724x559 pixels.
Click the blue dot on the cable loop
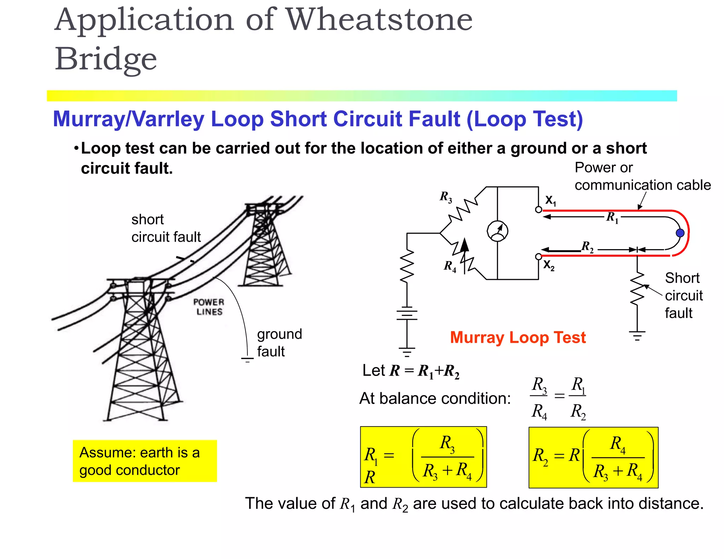point(680,233)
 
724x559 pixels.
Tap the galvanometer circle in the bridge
point(497,231)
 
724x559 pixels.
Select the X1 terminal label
point(550,200)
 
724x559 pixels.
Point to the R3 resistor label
point(446,197)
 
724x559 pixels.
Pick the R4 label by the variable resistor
point(450,266)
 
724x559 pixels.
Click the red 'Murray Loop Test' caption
point(518,337)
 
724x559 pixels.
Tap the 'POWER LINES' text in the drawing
point(209,307)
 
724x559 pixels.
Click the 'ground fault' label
point(279,342)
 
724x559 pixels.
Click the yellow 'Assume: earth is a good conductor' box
point(145,461)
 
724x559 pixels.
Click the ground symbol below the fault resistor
point(637,335)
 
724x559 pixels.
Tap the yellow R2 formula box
point(593,457)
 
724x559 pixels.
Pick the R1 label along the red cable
point(612,217)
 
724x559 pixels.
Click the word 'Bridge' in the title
point(106,59)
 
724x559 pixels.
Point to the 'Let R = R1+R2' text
point(411,371)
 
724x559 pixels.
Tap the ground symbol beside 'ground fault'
point(247,360)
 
